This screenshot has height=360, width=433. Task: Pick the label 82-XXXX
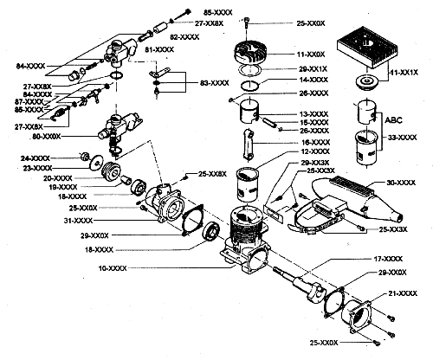point(184,37)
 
